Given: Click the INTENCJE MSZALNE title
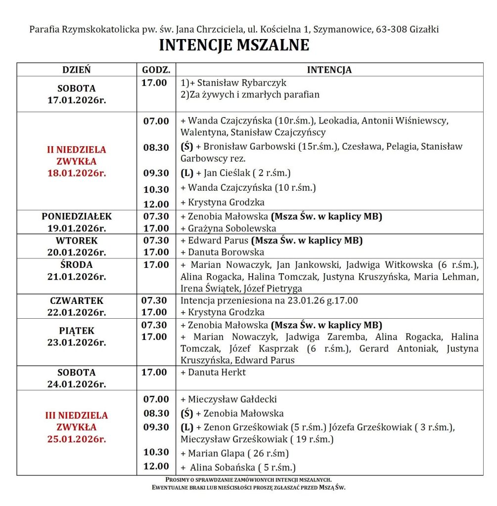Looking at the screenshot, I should tap(234, 45).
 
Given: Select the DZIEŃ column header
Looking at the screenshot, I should tap(76, 70).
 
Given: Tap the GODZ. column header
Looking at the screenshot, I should tap(156, 70).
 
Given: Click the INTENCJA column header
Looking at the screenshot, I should tap(329, 70).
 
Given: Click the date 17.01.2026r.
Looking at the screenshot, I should tap(76, 100).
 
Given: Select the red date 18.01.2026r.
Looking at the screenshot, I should tap(76, 173).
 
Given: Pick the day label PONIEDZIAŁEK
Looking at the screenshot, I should tap(76, 216).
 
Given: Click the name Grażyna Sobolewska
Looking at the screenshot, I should tap(228, 228).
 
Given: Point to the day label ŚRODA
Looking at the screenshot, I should tap(76, 265).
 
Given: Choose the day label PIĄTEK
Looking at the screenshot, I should tap(76, 331).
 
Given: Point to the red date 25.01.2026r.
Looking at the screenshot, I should tap(76, 439).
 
